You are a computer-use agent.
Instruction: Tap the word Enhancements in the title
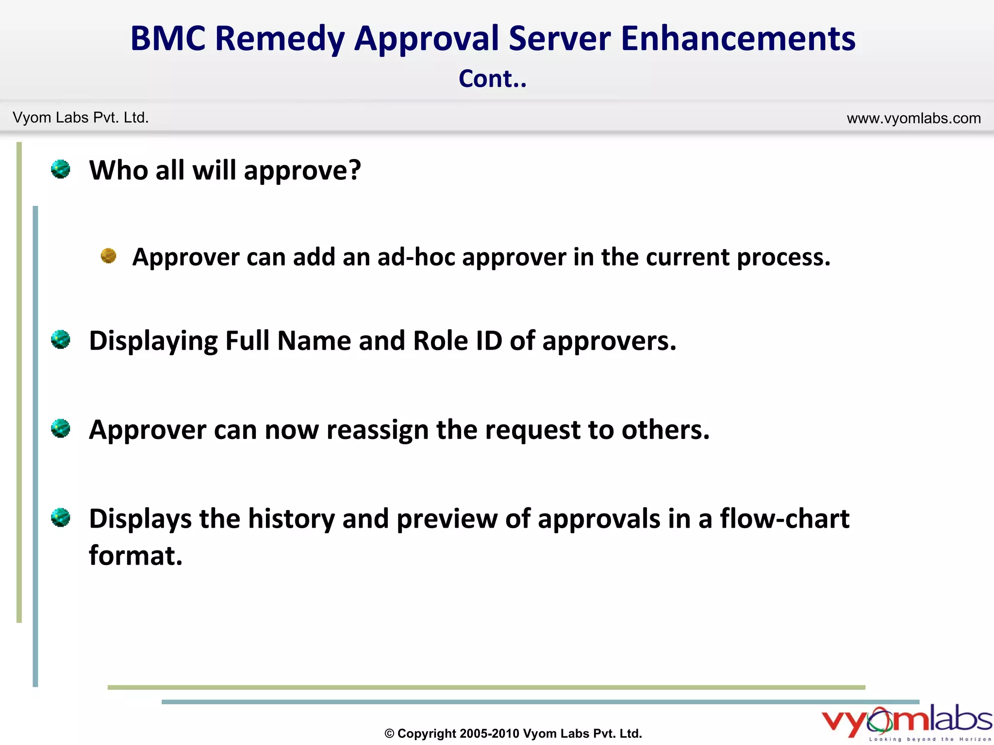(738, 39)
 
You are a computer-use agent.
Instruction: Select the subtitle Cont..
(492, 79)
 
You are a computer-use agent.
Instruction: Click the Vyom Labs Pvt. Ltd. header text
(81, 117)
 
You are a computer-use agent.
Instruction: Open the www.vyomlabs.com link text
(913, 118)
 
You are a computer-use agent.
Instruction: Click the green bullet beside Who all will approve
(61, 169)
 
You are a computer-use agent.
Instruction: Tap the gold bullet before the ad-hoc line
(108, 256)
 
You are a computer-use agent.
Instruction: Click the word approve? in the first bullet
(302, 171)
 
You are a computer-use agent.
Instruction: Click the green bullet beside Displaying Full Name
(61, 340)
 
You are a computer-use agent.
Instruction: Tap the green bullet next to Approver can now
(61, 428)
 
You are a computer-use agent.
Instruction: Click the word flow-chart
(784, 518)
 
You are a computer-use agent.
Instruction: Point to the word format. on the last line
(136, 555)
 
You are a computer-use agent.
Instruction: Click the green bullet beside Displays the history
(61, 518)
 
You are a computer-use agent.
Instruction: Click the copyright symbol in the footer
(389, 733)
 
